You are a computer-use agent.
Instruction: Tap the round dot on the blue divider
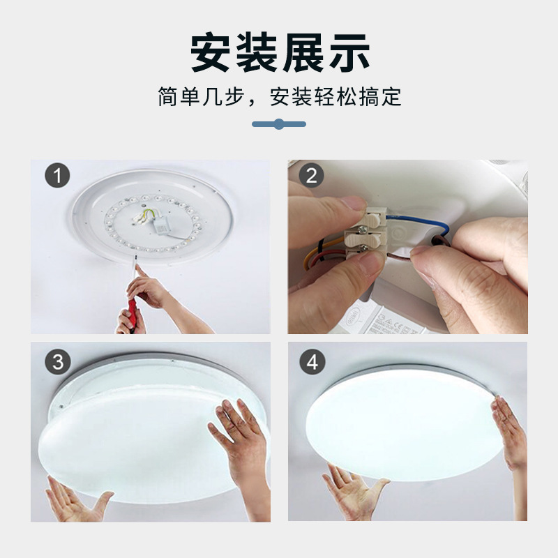point(279,124)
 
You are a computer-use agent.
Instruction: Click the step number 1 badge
point(57,175)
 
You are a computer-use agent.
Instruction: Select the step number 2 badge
point(311,175)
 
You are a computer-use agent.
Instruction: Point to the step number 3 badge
point(57,362)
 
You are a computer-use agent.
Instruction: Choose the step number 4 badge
point(311,362)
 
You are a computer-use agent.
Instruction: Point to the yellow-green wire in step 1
point(145,215)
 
